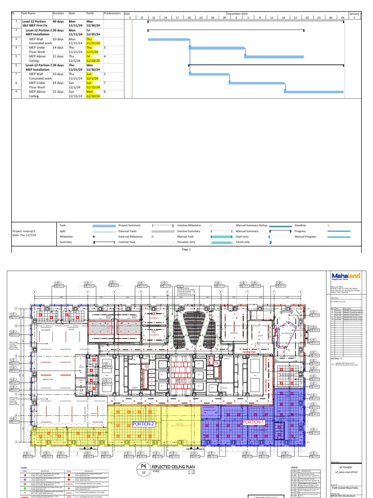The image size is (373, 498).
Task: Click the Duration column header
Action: click(58, 14)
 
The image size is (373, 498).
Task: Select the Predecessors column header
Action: click(113, 14)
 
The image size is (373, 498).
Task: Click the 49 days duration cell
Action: click(58, 22)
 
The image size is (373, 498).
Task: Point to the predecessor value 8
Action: click(105, 91)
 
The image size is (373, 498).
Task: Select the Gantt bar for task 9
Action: click(313, 91)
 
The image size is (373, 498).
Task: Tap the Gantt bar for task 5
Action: click(274, 56)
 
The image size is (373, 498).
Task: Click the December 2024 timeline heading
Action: click(237, 14)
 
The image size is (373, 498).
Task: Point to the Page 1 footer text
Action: click(186, 249)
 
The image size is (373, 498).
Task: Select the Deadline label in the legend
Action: click(300, 226)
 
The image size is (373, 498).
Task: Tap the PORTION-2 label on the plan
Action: click(143, 424)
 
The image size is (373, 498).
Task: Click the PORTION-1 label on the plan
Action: click(253, 422)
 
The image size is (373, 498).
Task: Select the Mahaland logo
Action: click(345, 276)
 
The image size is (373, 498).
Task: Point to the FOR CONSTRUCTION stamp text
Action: click(345, 487)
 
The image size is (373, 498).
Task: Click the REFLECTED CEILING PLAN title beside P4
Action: click(169, 467)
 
